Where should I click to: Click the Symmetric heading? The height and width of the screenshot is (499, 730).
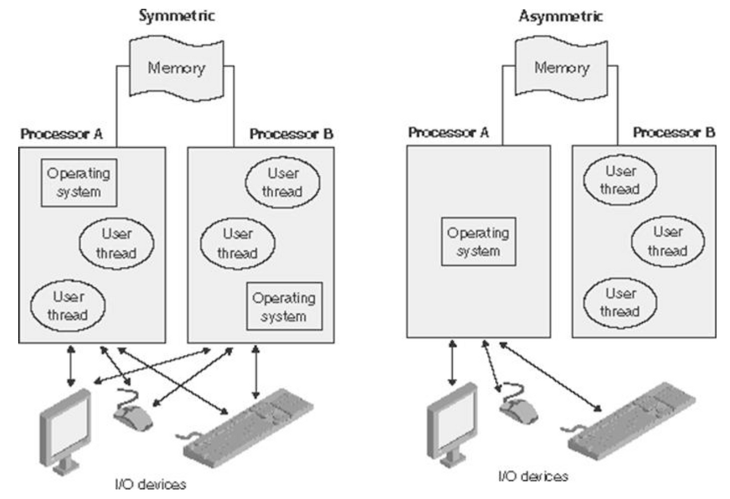(x=177, y=15)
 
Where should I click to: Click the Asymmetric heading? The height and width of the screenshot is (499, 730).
(x=561, y=15)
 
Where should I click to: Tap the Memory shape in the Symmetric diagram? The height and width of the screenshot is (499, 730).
(x=177, y=68)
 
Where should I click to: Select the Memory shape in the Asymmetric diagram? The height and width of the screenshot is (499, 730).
(x=562, y=68)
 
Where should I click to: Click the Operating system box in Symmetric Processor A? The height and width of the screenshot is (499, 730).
(x=79, y=183)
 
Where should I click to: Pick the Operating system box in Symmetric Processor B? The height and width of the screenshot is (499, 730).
(x=285, y=306)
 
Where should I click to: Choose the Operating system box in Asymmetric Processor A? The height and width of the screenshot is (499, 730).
(x=478, y=241)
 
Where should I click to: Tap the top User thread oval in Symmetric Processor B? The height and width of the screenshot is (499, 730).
(x=282, y=182)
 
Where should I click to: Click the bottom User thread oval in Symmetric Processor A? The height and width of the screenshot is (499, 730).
(x=68, y=306)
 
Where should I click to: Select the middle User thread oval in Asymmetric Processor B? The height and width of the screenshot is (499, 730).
(x=668, y=241)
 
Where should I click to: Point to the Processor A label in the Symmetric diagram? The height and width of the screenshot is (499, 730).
(x=62, y=133)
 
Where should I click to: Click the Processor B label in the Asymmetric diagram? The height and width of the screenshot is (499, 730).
(x=674, y=132)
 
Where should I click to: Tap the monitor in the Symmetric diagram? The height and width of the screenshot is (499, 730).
(x=65, y=432)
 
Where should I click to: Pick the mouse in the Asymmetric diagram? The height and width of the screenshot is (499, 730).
(x=518, y=405)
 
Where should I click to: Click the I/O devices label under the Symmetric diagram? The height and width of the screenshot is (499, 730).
(x=151, y=484)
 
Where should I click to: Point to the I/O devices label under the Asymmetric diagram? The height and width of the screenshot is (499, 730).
(x=533, y=477)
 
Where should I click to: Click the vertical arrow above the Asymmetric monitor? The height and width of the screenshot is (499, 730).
(x=452, y=363)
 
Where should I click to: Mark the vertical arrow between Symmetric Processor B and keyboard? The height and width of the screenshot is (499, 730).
(x=256, y=372)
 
